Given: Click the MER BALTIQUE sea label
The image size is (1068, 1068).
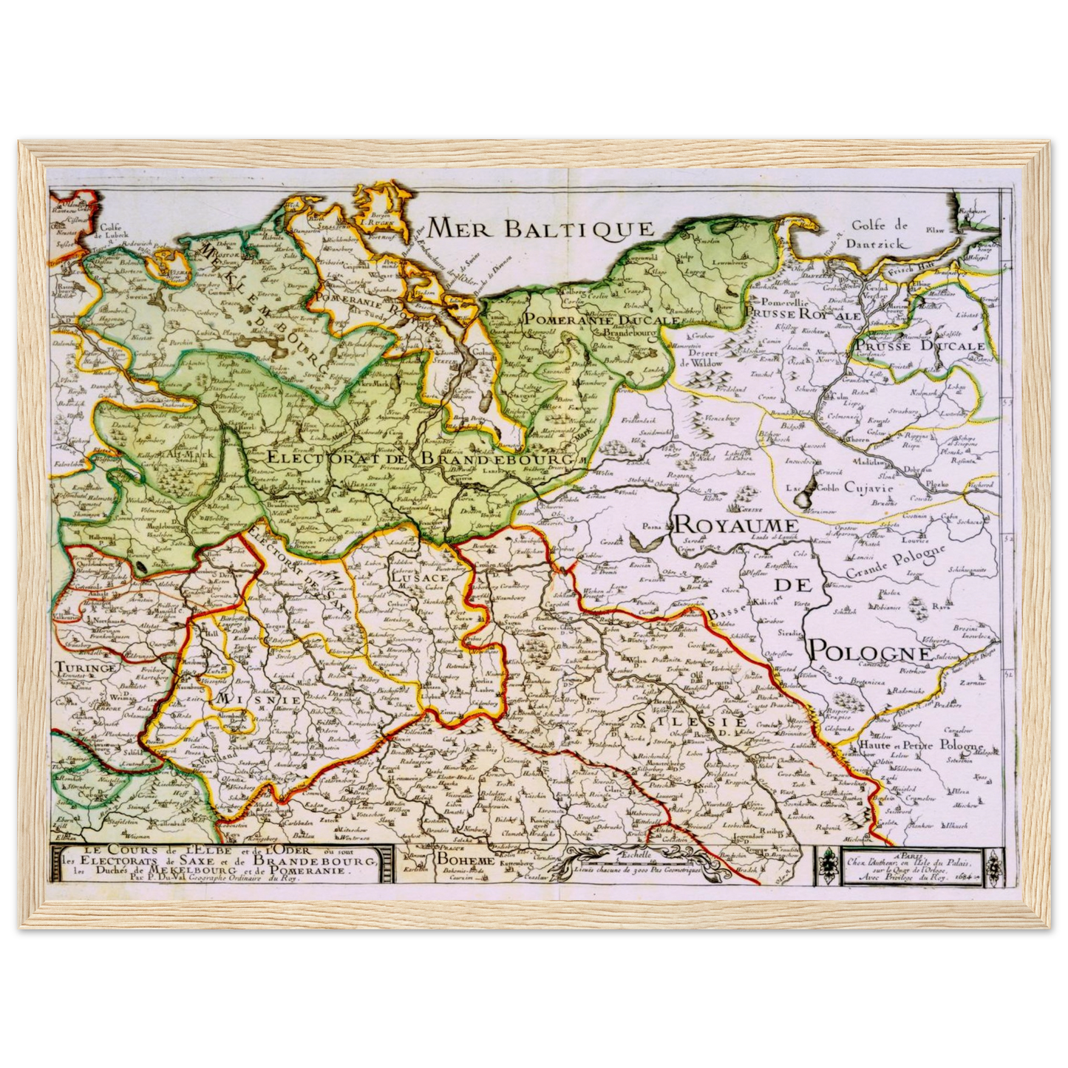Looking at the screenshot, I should point(541,228).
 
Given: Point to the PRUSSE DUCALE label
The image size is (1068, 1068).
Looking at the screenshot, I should point(919,346).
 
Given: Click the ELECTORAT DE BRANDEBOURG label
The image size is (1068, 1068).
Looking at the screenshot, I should point(411,458).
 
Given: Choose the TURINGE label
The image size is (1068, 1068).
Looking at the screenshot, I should point(86,667).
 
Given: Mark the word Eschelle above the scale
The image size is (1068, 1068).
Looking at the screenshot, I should point(635,854).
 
